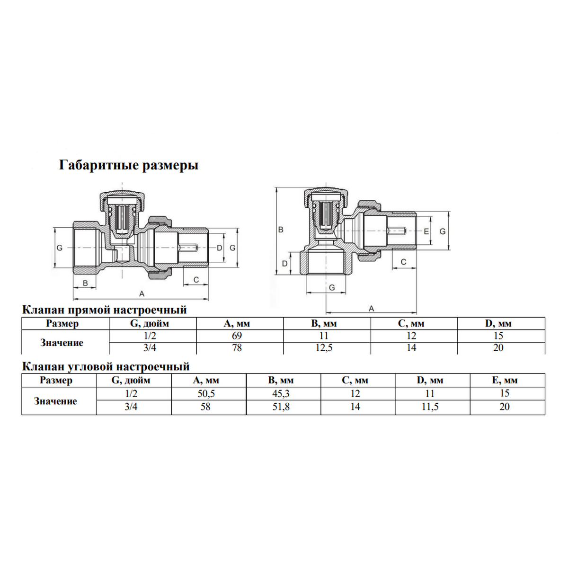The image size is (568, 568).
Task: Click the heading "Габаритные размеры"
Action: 129,165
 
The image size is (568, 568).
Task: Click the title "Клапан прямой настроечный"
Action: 105,310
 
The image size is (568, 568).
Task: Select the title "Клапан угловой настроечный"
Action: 106,367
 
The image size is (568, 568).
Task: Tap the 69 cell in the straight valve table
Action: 237,336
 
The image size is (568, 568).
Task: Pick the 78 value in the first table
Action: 237,348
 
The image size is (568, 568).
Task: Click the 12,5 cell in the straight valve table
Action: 324,348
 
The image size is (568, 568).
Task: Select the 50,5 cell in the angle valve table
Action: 206,394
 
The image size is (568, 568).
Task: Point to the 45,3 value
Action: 281,394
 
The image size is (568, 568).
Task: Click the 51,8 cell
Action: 281,407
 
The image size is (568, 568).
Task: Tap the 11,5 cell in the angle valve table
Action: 430,407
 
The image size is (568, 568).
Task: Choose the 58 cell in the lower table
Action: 205,407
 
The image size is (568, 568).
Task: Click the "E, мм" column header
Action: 505,380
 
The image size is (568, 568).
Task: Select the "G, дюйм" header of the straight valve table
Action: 150,324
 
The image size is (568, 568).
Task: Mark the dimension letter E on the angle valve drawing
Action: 426,231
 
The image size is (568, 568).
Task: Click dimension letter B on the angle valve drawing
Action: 281,230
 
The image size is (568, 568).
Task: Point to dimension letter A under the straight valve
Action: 142,294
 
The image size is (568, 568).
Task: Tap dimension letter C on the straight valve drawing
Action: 196,280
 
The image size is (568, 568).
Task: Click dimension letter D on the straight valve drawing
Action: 219,248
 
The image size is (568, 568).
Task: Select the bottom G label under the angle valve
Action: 332,287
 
